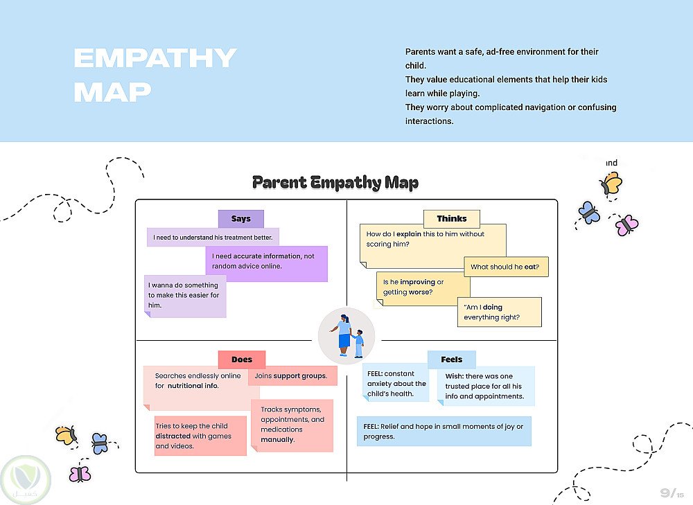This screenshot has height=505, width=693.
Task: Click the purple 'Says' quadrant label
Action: (240, 219)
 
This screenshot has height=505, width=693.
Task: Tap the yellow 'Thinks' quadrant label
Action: (451, 219)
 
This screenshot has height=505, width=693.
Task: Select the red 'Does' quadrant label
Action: (241, 360)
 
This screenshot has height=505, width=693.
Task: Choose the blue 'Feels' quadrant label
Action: (451, 360)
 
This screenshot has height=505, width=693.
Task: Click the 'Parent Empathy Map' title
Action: (335, 183)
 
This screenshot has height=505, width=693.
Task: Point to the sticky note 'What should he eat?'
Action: (506, 267)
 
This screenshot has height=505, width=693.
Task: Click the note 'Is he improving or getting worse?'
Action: (423, 287)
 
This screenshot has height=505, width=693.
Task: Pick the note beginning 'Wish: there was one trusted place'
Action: (485, 387)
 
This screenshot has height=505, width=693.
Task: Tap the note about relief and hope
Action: (444, 432)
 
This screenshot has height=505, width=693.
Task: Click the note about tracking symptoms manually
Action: (292, 425)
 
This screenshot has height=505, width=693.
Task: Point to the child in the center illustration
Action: (359, 344)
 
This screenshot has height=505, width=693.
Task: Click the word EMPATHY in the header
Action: (155, 59)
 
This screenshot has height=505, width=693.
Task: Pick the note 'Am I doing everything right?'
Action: (499, 312)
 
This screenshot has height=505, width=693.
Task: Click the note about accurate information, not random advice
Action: (266, 262)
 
